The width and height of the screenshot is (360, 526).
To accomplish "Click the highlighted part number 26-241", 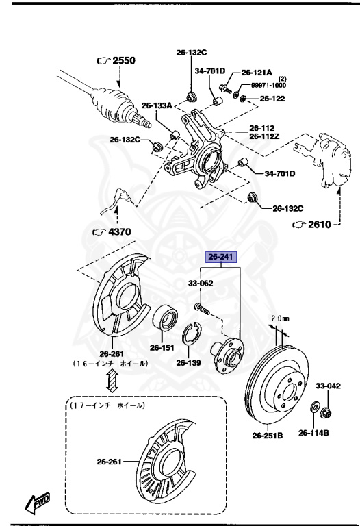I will pos(221,258).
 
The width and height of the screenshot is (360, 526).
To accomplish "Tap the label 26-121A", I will pos(257,72).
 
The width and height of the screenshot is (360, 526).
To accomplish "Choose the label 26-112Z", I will pos(266,136).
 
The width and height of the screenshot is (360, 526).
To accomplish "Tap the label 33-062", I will pos(201,282).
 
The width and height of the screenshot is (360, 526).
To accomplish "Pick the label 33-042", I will pos(327,386).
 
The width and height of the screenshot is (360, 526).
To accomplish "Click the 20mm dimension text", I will pos(281,318).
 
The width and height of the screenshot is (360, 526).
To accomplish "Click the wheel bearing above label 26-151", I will pos(165,319).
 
